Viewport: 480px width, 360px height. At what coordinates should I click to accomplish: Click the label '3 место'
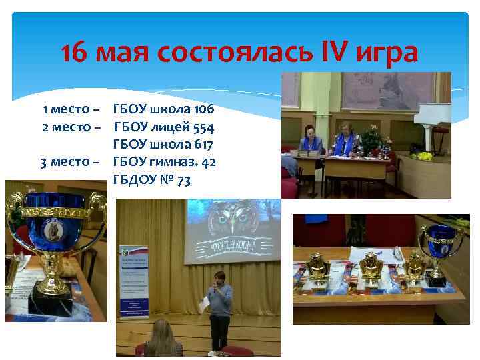pyautogui.click(x=71, y=162)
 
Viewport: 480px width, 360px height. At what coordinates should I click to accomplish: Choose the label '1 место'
pyautogui.click(x=72, y=108)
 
